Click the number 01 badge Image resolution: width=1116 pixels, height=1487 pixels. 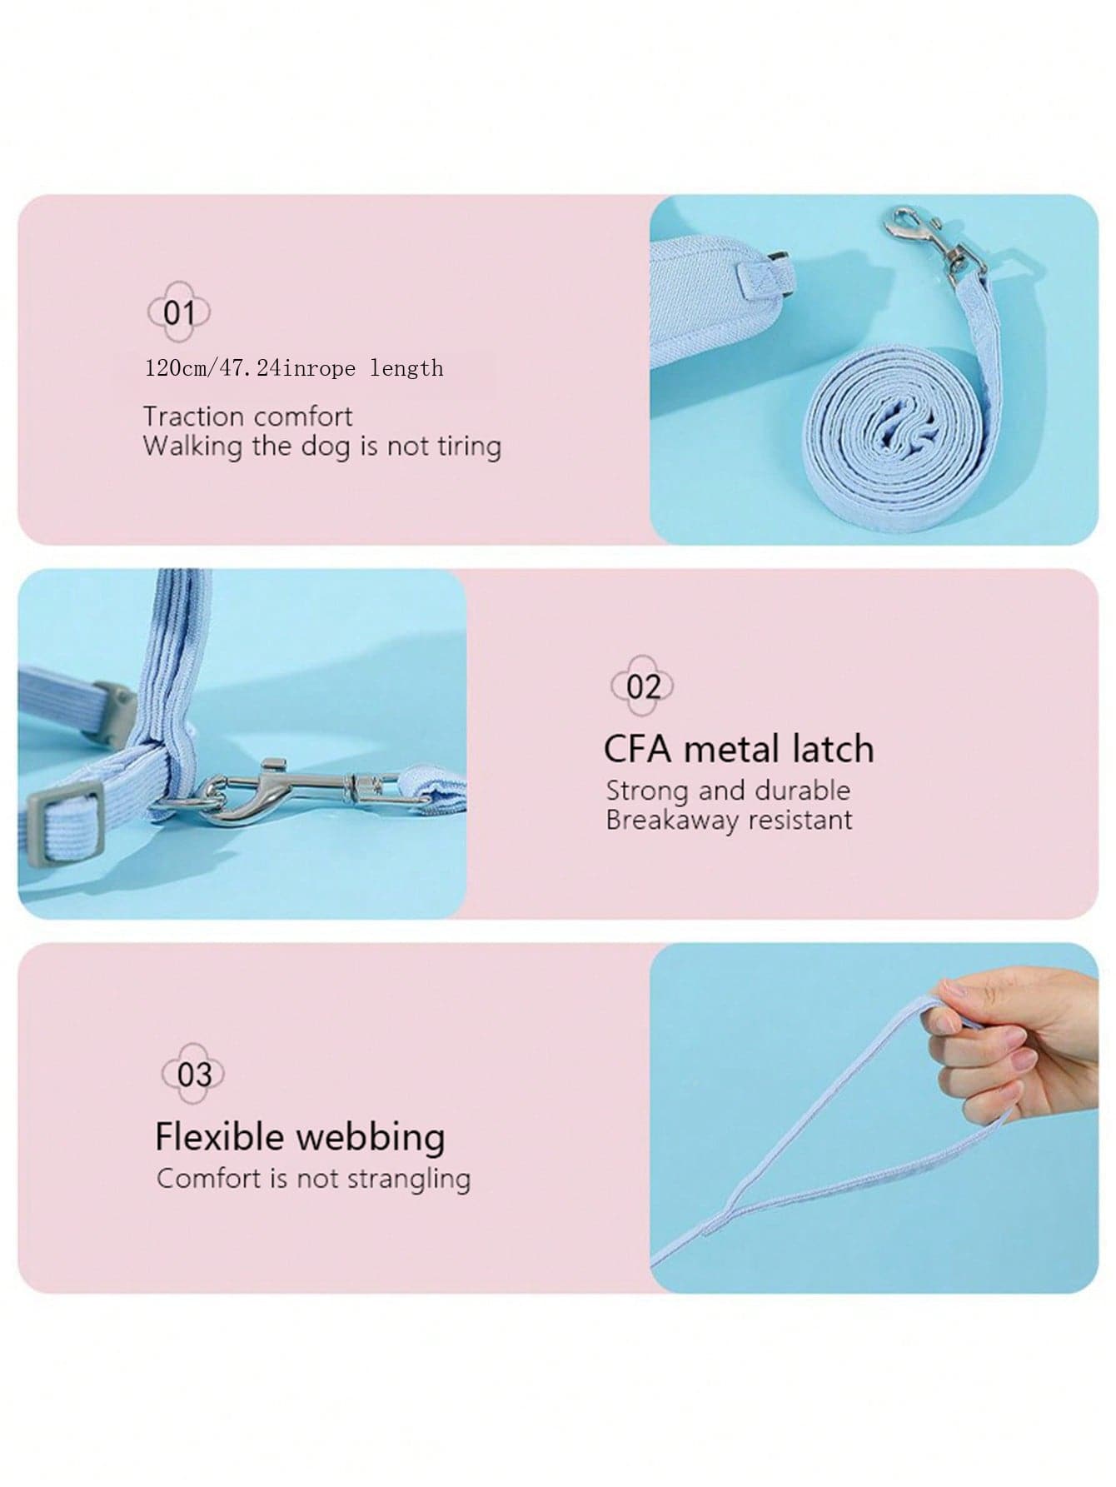pyautogui.click(x=179, y=313)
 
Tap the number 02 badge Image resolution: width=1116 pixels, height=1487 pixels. pyautogui.click(x=642, y=686)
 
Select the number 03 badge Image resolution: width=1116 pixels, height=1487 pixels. pyautogui.click(x=193, y=1073)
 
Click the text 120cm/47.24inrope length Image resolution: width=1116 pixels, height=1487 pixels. pyautogui.click(x=294, y=367)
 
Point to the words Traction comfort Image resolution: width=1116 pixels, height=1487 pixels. pyautogui.click(x=247, y=416)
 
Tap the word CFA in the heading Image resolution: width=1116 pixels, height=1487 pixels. pyautogui.click(x=637, y=749)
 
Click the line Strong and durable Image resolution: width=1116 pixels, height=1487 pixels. pyautogui.click(x=728, y=790)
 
